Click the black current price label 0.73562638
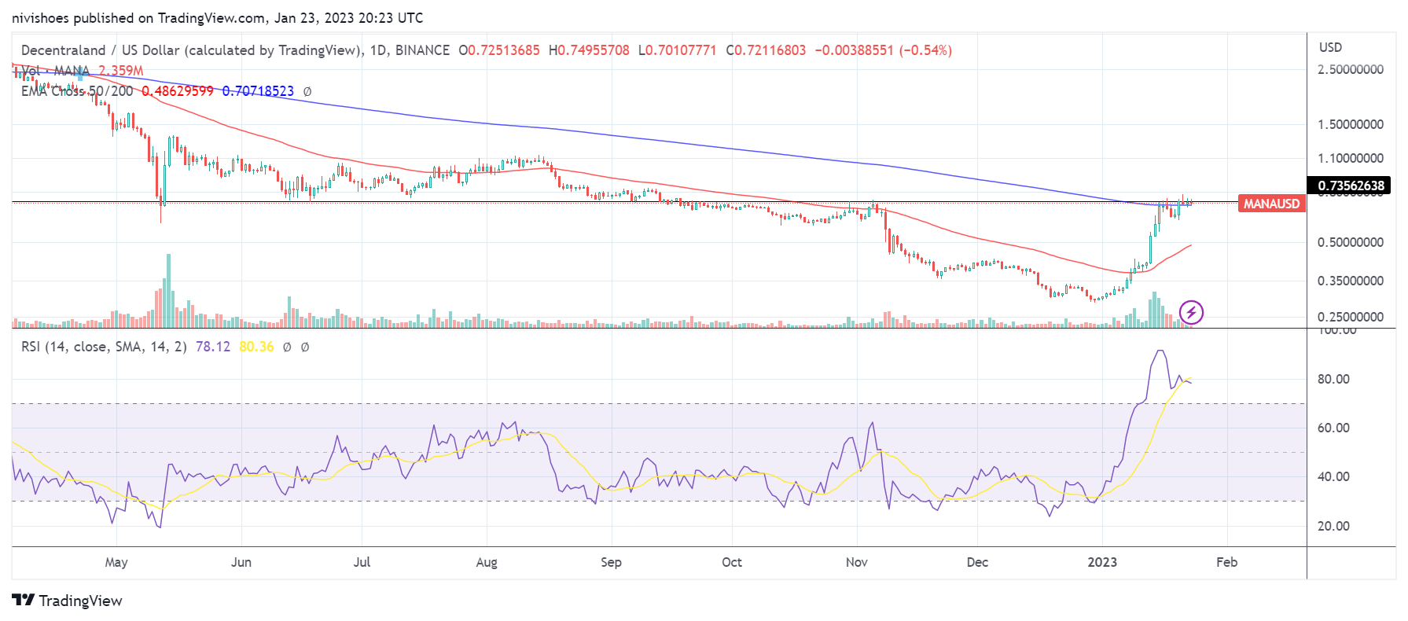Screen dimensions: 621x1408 1351,186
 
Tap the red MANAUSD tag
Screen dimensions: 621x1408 1271,204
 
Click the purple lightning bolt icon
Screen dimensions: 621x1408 1191,312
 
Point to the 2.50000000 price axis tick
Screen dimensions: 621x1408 1351,69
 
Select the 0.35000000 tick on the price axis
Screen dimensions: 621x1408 1351,281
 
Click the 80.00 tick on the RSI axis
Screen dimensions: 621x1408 1333,379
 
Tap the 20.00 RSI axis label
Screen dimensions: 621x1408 1333,526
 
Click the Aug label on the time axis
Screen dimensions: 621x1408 487,562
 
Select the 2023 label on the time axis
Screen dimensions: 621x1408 1102,562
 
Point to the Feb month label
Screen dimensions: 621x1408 1226,562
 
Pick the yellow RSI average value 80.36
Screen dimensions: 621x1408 256,347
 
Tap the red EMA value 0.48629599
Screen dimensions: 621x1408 178,91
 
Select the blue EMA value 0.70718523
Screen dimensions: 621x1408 258,91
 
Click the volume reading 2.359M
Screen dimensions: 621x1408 121,71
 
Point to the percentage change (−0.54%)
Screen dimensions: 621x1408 925,50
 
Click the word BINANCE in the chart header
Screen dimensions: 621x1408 422,50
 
